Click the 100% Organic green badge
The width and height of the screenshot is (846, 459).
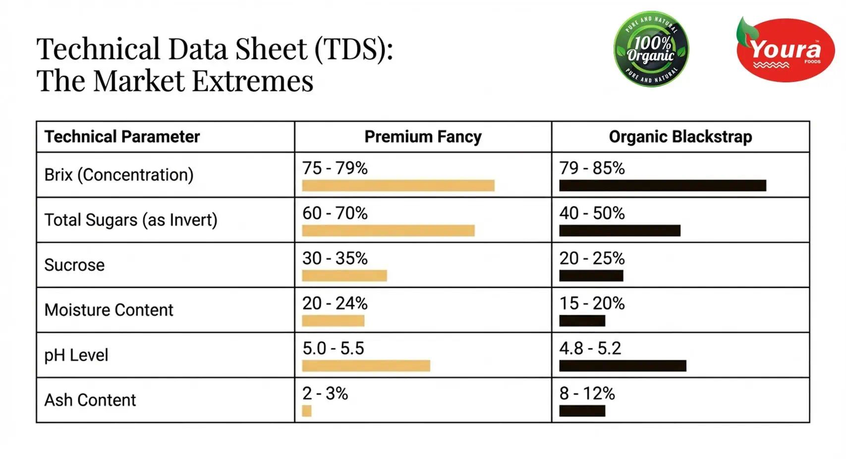651,49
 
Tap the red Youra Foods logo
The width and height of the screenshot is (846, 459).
785,50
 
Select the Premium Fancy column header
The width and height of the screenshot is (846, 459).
423,136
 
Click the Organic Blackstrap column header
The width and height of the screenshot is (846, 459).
680,136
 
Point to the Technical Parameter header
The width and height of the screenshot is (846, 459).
122,136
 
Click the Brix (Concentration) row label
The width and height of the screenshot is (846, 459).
119,175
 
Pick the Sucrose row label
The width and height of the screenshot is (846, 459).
74,264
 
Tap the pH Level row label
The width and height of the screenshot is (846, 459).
76,355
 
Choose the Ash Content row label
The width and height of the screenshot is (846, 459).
90,400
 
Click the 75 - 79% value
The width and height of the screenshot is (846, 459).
335,168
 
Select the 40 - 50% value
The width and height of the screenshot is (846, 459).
592,213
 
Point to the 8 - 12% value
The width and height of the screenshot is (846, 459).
587,393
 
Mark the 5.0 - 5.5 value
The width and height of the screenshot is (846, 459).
333,348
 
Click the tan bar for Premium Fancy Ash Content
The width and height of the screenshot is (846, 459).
307,410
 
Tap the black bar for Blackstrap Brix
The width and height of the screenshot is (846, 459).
663,186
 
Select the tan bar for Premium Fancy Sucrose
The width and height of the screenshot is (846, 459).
344,275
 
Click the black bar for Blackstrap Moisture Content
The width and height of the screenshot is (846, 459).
582,321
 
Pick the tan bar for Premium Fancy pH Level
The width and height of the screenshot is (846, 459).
366,366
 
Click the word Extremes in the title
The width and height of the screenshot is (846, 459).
253,81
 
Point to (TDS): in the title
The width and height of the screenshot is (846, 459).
353,49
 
